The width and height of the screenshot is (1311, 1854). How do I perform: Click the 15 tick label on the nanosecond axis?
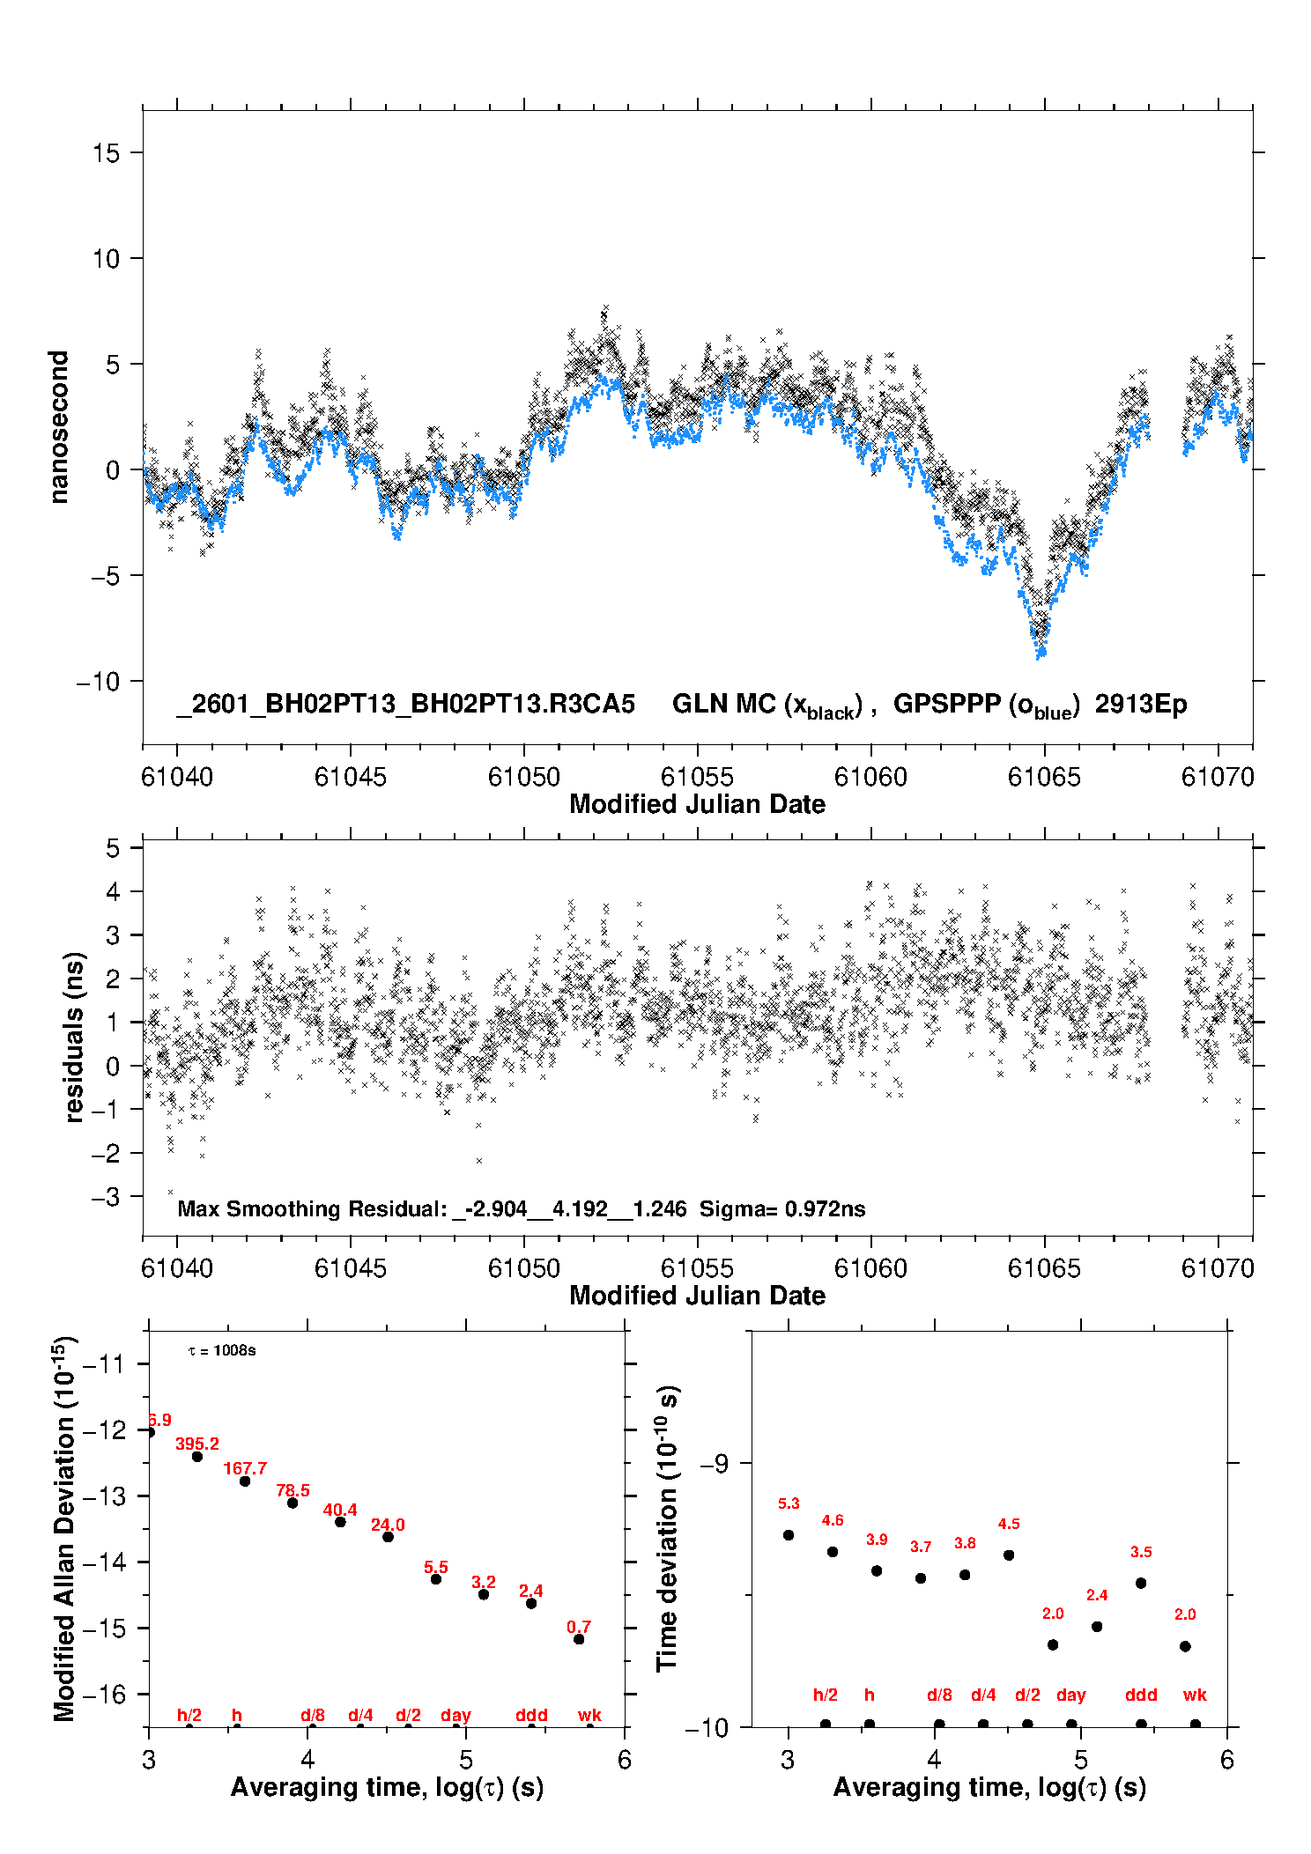(x=106, y=153)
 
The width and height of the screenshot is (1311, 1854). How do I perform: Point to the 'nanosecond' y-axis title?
(x=58, y=427)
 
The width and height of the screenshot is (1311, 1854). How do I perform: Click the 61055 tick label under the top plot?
(x=697, y=777)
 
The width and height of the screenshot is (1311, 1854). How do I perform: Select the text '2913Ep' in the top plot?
(x=1141, y=705)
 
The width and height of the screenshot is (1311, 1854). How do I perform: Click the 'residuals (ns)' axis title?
(x=75, y=1037)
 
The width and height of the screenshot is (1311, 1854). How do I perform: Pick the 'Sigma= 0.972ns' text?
(x=782, y=1209)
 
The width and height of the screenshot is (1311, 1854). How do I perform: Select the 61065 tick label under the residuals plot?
(x=1044, y=1268)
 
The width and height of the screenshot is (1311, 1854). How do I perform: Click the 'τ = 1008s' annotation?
(x=222, y=1351)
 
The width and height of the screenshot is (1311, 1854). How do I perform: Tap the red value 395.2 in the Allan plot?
(x=197, y=1444)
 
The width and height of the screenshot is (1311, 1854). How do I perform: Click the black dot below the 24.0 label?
(x=388, y=1537)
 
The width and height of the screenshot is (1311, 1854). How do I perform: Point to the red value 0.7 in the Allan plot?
(x=579, y=1627)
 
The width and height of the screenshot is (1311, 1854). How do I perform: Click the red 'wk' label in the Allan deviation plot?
(x=589, y=1715)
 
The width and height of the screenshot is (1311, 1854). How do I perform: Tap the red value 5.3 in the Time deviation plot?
(x=789, y=1503)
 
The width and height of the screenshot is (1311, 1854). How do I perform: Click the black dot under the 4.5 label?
(x=1009, y=1555)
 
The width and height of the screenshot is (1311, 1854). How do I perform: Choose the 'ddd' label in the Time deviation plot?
(x=1141, y=1695)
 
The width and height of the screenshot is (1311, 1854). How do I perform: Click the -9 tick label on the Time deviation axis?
(x=715, y=1463)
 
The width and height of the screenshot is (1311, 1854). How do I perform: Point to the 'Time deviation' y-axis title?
(x=668, y=1528)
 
